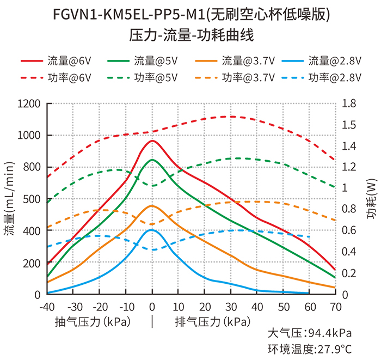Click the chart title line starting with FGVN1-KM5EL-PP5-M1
[191, 14]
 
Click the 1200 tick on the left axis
[30, 103]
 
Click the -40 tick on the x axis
[47, 307]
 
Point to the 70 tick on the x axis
[336, 307]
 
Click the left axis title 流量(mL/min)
[9, 199]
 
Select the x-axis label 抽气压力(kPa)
[93, 321]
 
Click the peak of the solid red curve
[152, 141]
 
